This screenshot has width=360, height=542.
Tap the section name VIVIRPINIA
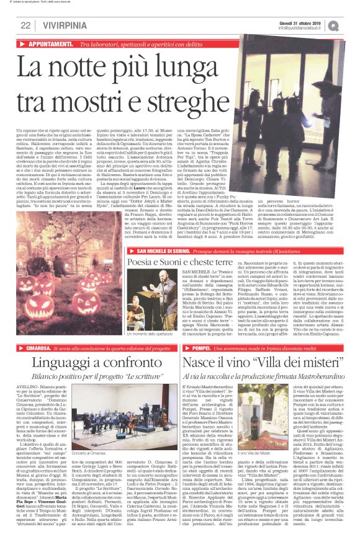click(x=61, y=25)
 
